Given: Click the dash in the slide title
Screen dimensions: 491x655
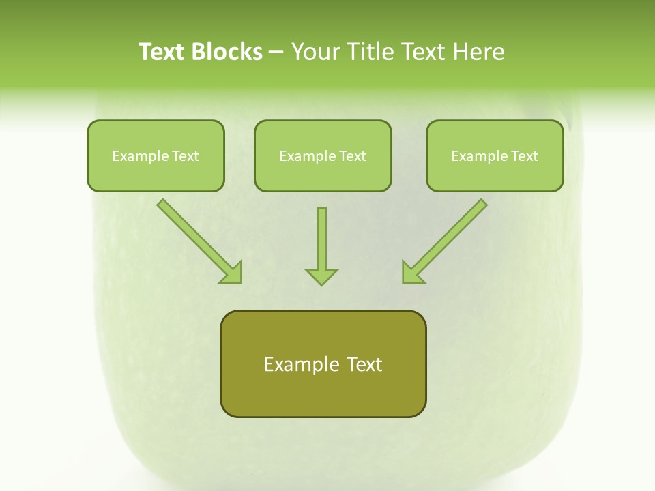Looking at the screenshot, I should [276, 52].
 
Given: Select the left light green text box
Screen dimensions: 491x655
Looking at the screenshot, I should [156, 155].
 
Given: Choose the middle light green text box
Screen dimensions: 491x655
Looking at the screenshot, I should [323, 155].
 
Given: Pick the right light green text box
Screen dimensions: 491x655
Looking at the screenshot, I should [495, 155].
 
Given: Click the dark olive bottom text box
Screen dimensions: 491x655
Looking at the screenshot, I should [323, 363].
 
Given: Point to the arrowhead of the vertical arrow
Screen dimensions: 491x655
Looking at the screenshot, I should [321, 276].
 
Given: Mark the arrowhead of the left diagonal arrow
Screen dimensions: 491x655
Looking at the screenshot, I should [232, 273].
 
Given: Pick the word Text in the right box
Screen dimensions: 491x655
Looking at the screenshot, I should [525, 156].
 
